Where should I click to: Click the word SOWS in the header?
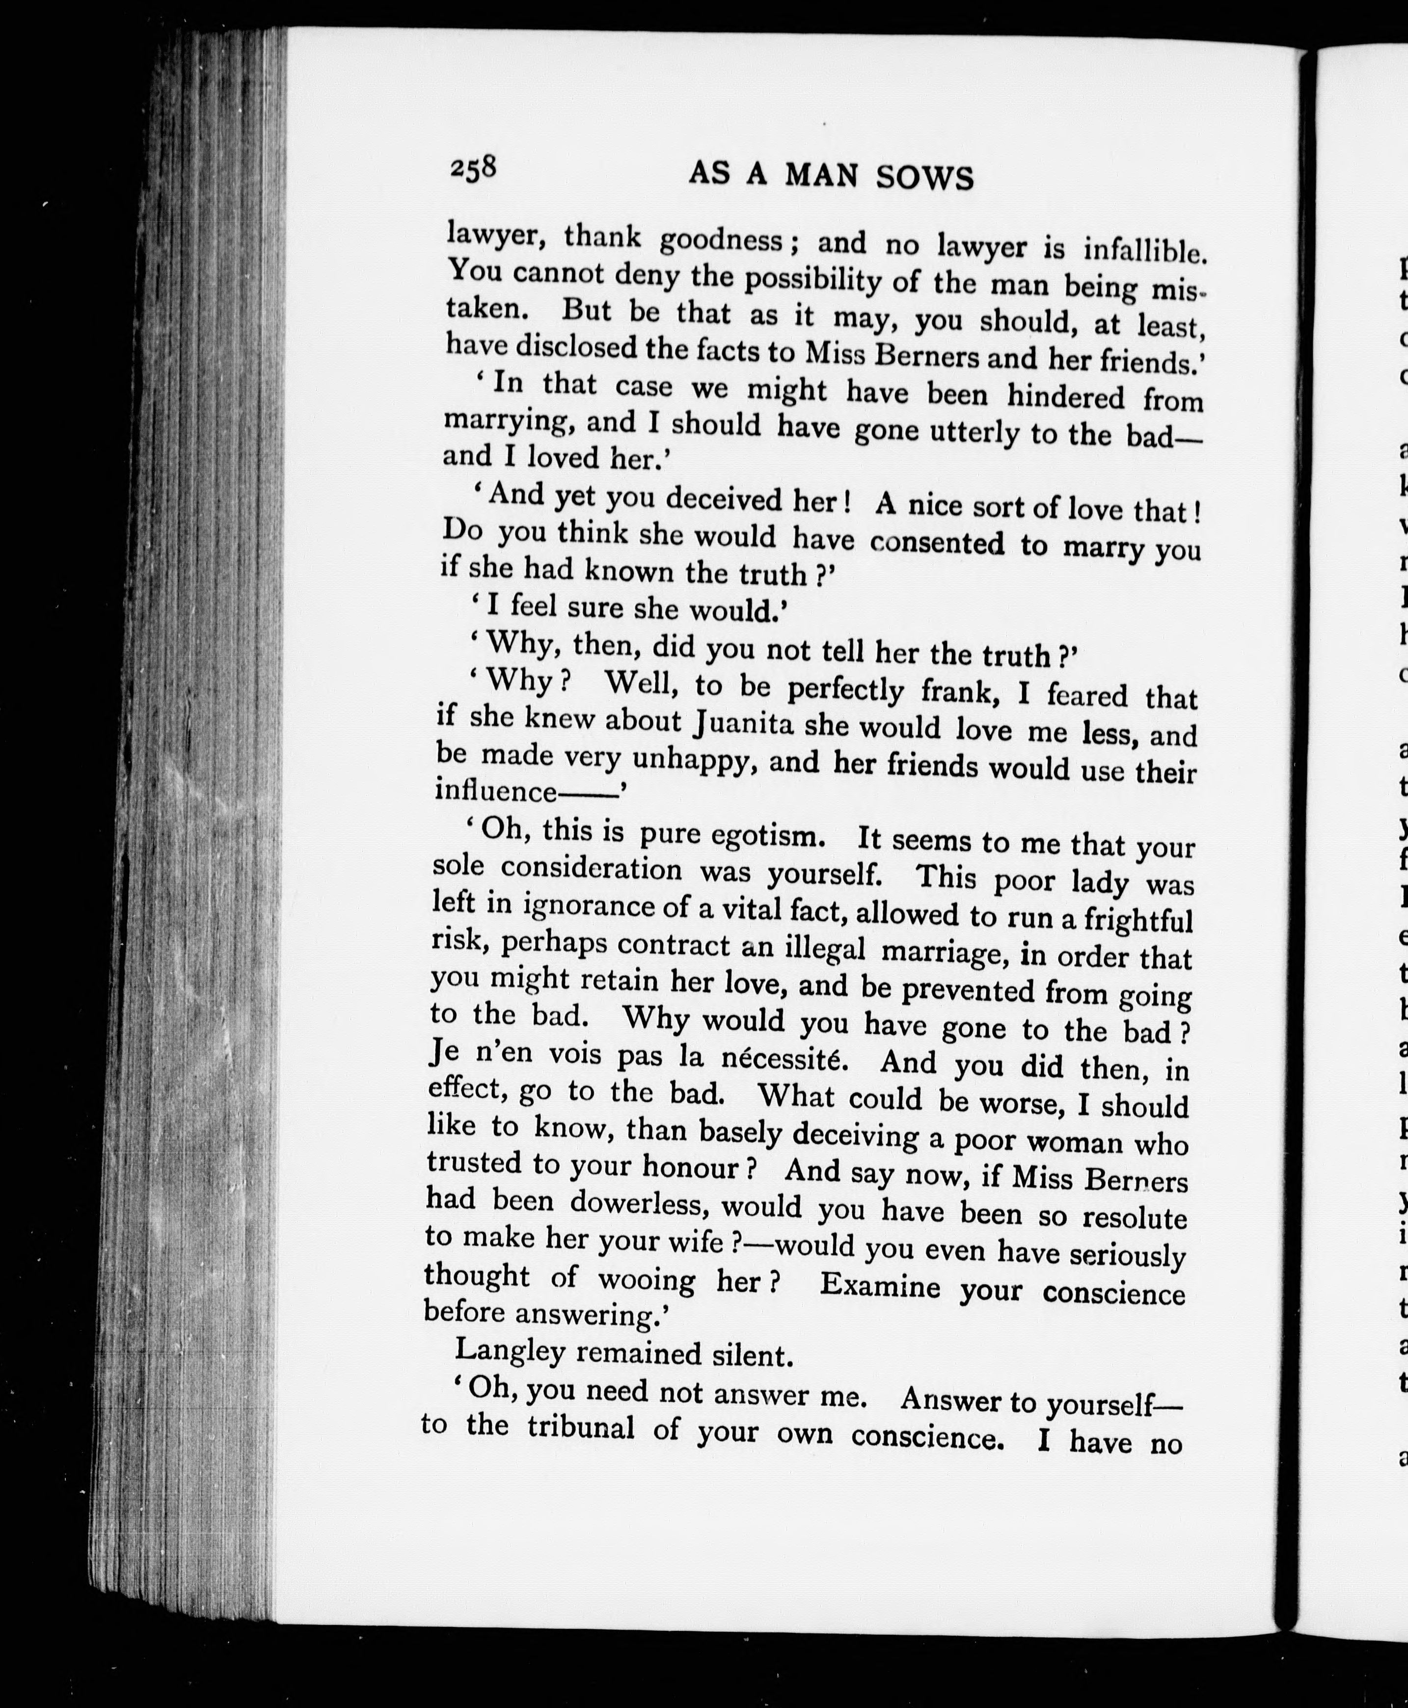pos(925,178)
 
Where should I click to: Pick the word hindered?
pos(1066,396)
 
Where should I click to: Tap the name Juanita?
pos(743,722)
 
